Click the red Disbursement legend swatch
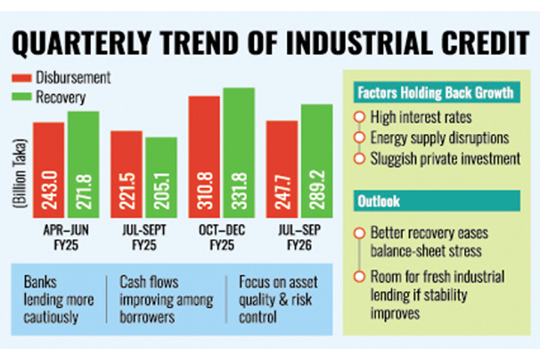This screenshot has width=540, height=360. (x=22, y=79)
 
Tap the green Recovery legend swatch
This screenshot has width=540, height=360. (x=22, y=97)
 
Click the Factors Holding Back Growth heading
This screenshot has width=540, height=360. (x=436, y=93)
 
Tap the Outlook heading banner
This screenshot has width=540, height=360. (x=436, y=201)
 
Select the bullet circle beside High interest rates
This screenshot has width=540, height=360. (x=359, y=117)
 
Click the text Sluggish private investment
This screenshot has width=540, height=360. (x=445, y=159)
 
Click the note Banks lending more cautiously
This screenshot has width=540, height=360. (x=58, y=299)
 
